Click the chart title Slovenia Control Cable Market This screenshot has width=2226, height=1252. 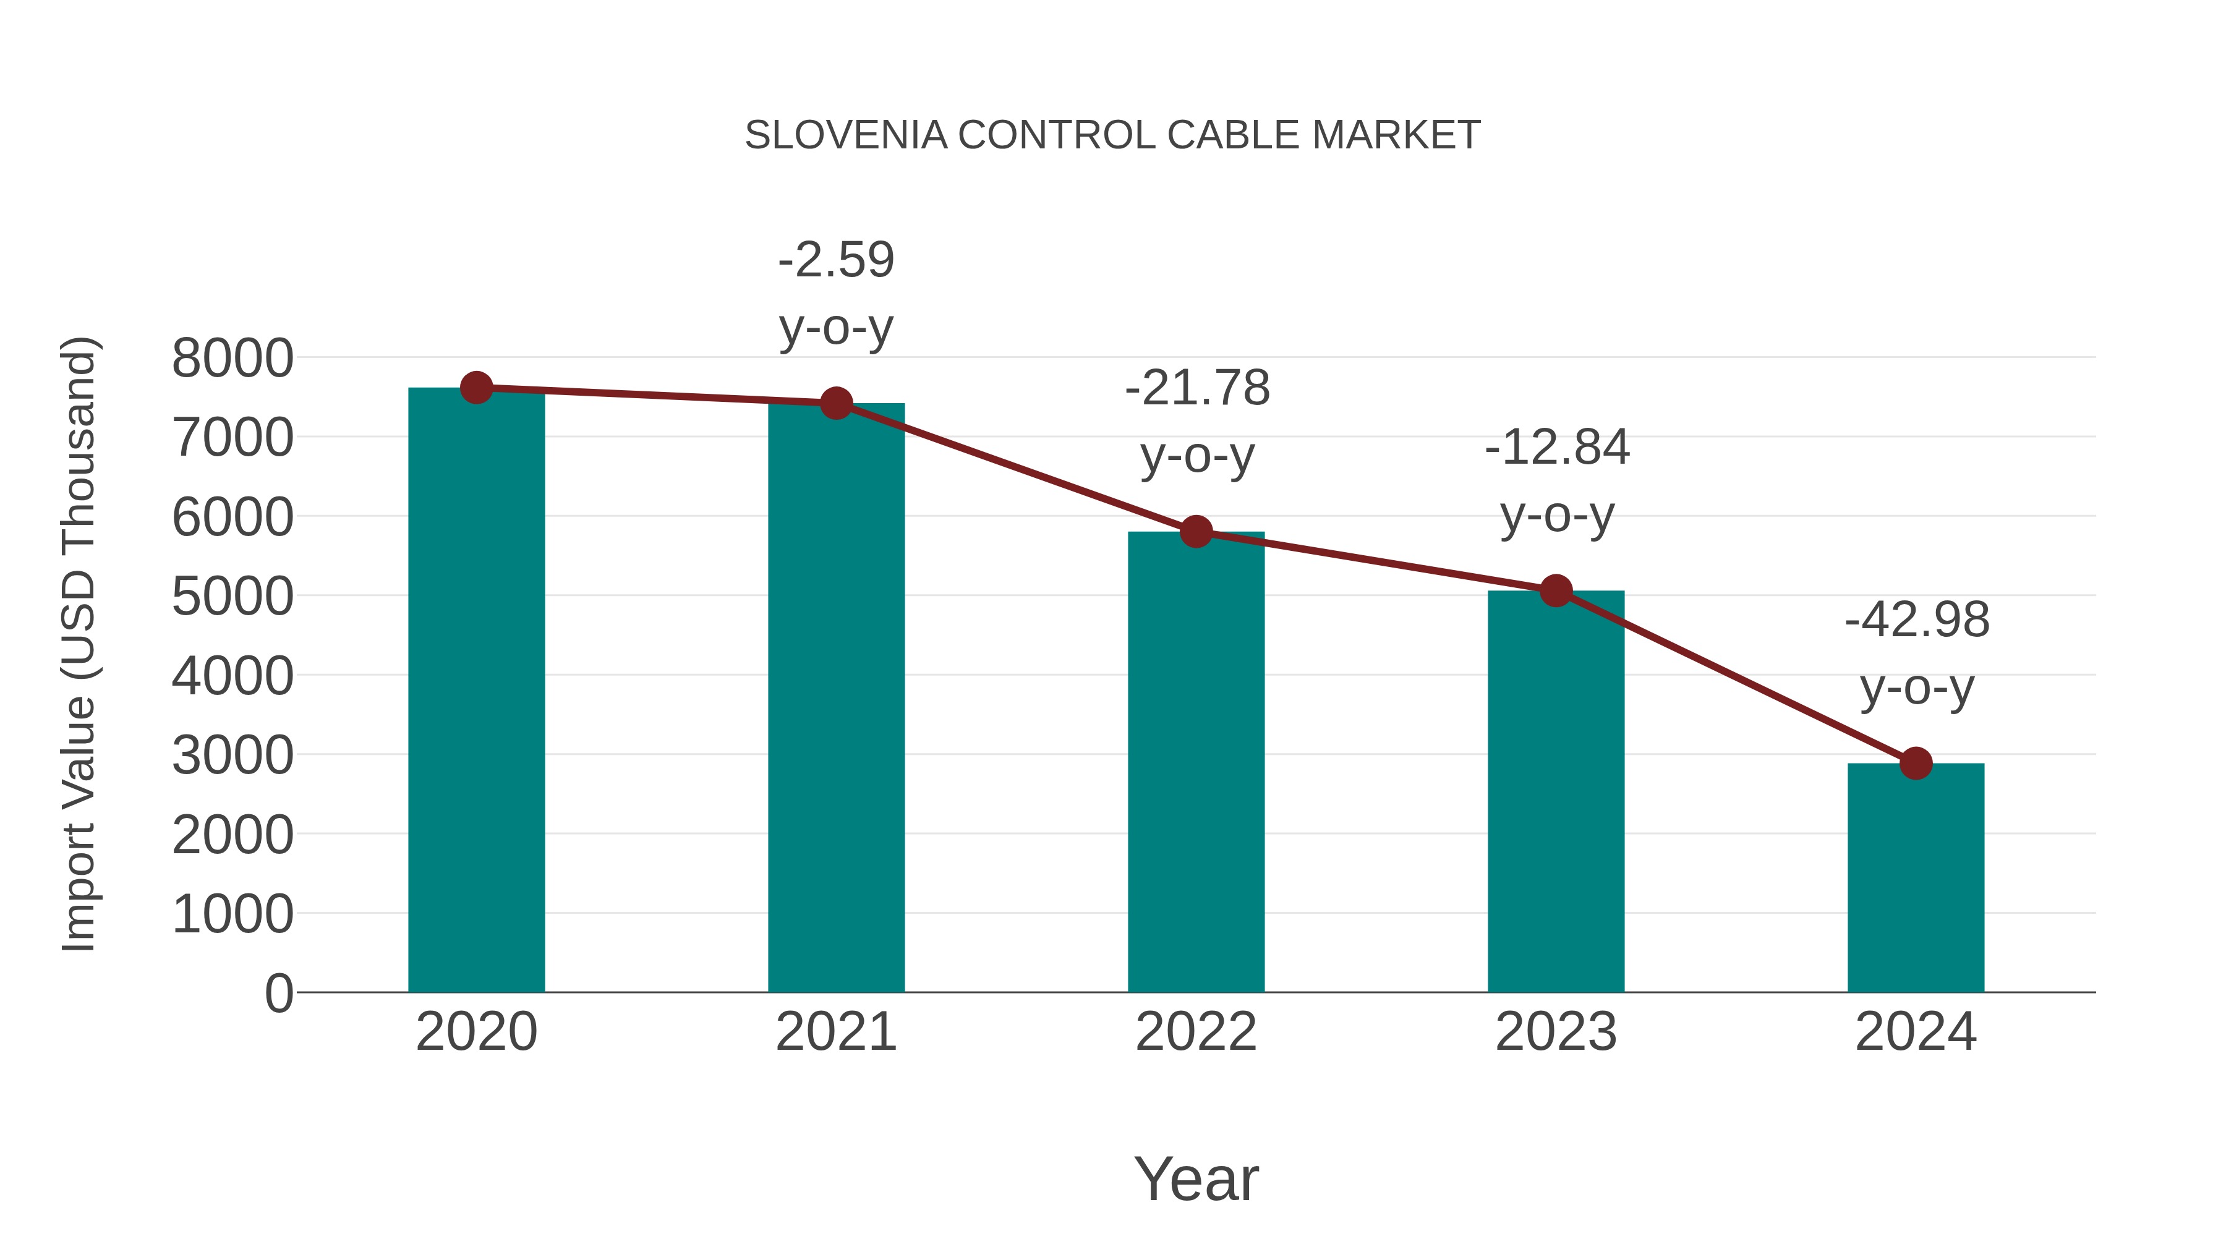(x=1112, y=135)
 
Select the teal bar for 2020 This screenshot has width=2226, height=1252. (x=476, y=691)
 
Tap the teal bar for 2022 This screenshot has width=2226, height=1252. (x=1196, y=760)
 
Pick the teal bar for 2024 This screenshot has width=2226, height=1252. (x=1916, y=877)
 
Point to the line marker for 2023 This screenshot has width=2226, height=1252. (x=1556, y=591)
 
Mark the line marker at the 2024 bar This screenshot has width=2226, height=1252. (x=1916, y=763)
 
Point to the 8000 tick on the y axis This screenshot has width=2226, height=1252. (x=232, y=359)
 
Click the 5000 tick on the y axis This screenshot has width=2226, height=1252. (x=232, y=596)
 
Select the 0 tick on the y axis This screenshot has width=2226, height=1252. (x=278, y=994)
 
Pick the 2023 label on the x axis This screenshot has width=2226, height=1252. (x=1556, y=1032)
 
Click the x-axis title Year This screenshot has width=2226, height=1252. (x=1196, y=1178)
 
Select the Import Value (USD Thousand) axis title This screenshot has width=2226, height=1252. (x=79, y=644)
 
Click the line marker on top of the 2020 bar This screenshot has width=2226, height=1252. (x=476, y=388)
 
